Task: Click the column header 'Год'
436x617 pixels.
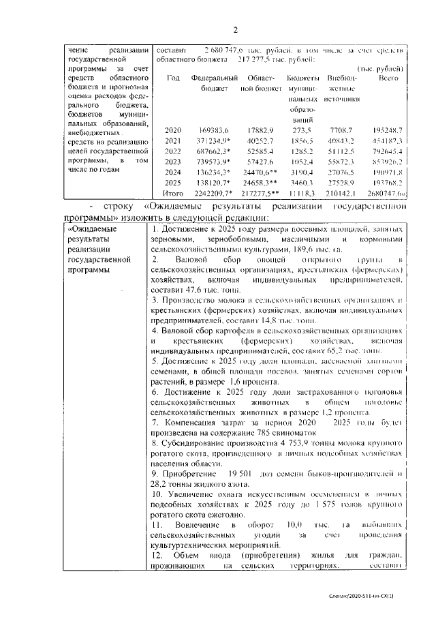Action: coord(173,79)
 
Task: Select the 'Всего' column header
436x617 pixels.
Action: coord(388,79)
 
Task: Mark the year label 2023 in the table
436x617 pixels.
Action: coord(174,162)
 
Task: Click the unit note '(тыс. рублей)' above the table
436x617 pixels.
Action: coord(382,69)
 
